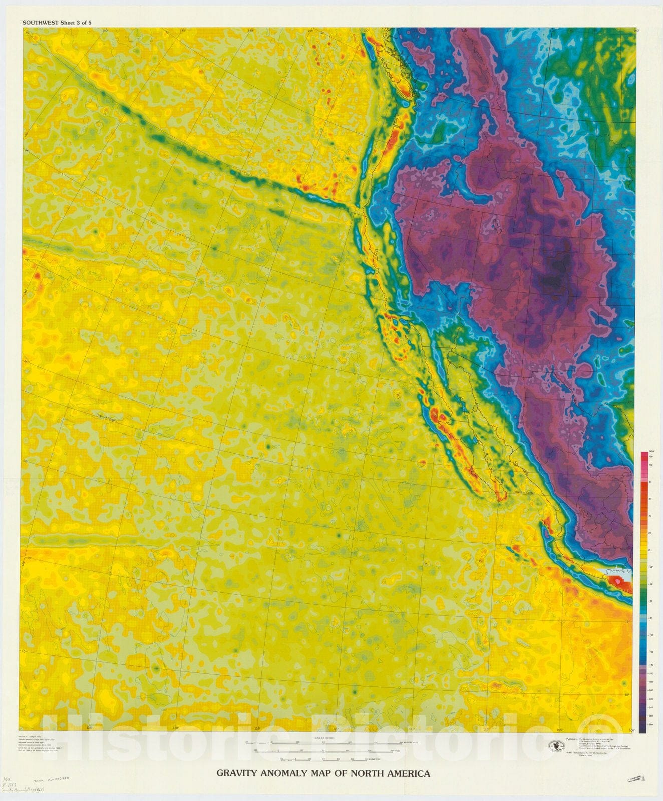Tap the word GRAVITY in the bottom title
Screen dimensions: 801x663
[x=233, y=773]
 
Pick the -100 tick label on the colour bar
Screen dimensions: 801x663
[x=650, y=635]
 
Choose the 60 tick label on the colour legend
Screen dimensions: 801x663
[x=650, y=499]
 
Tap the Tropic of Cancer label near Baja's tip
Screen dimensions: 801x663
[x=524, y=493]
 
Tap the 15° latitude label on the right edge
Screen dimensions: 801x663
[x=627, y=622]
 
